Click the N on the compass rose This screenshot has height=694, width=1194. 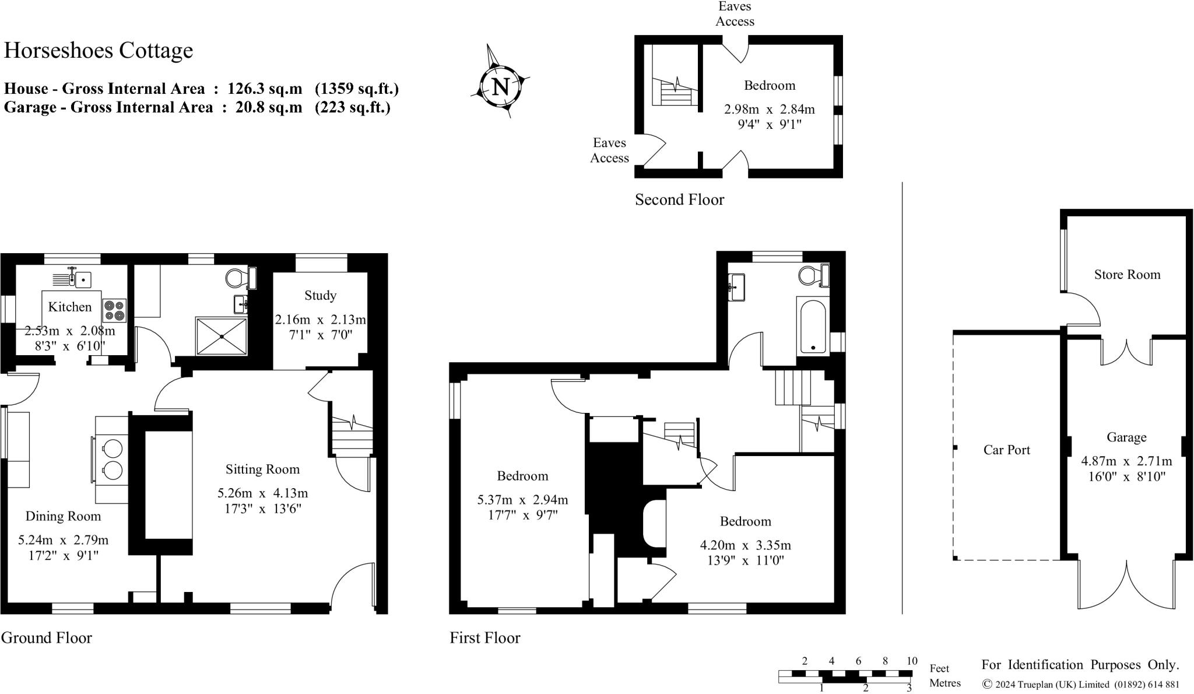pyautogui.click(x=500, y=87)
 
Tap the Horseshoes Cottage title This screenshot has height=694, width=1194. pyautogui.click(x=99, y=51)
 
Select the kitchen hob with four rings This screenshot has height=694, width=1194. pyautogui.click(x=114, y=310)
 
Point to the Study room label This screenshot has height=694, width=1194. pyautogui.click(x=320, y=296)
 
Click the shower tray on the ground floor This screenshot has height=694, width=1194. pyautogui.click(x=222, y=336)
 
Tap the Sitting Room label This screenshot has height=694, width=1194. pyautogui.click(x=262, y=469)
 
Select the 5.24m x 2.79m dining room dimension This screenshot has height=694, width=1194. pyautogui.click(x=63, y=541)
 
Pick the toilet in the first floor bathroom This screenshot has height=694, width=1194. pyautogui.click(x=811, y=275)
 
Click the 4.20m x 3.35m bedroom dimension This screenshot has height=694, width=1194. pyautogui.click(x=745, y=546)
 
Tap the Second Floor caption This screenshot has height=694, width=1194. pyautogui.click(x=679, y=200)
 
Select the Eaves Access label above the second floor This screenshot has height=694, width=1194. pyautogui.click(x=735, y=14)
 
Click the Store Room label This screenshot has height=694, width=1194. pyautogui.click(x=1127, y=275)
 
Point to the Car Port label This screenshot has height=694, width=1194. pyautogui.click(x=1006, y=450)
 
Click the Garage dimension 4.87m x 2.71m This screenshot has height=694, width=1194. pyautogui.click(x=1126, y=461)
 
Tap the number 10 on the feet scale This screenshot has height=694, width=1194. pyautogui.click(x=911, y=661)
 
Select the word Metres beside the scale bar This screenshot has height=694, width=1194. pyautogui.click(x=944, y=683)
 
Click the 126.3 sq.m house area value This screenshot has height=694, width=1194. pyautogui.click(x=265, y=89)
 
